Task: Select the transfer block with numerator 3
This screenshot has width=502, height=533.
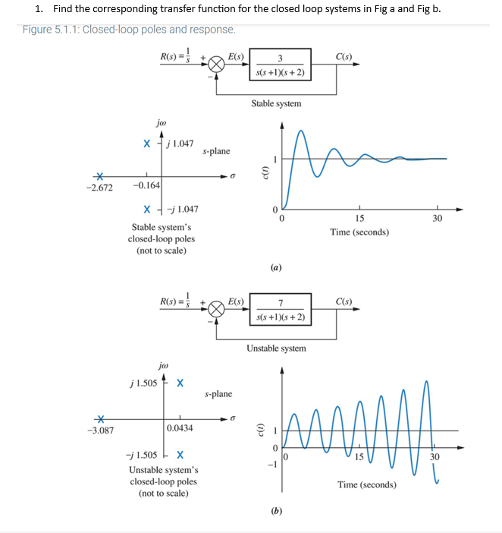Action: tap(280, 65)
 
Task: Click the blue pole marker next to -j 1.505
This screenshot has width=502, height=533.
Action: tap(179, 456)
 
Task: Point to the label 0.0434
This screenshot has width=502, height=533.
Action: tap(180, 428)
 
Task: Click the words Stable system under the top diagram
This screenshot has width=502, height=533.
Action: tap(276, 103)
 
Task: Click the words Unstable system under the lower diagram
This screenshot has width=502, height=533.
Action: tap(276, 348)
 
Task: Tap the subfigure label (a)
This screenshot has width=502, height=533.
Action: tap(277, 267)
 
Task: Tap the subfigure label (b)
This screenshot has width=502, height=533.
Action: tap(277, 511)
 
